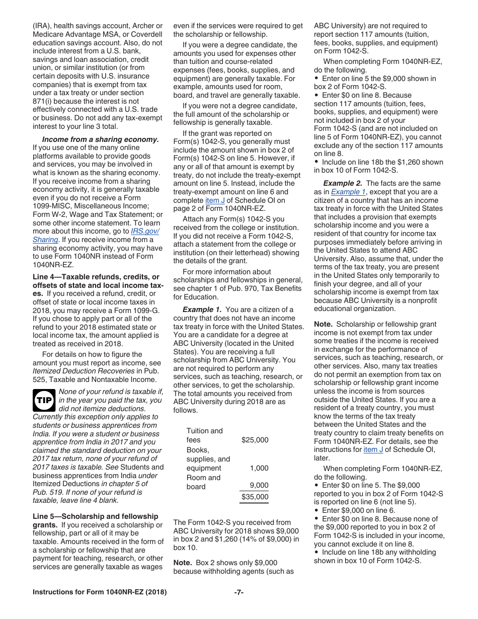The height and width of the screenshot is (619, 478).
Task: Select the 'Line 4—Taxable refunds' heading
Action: (x=96, y=277)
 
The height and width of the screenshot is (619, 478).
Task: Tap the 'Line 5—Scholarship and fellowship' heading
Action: (x=95, y=516)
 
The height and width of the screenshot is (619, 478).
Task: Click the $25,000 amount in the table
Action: (x=255, y=440)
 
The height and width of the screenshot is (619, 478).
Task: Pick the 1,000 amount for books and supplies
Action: (x=259, y=468)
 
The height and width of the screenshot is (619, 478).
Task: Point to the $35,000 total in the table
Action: (x=255, y=497)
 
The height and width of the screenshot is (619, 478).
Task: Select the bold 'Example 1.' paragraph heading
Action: (x=202, y=309)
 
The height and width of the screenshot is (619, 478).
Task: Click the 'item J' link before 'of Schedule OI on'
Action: (x=215, y=200)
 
